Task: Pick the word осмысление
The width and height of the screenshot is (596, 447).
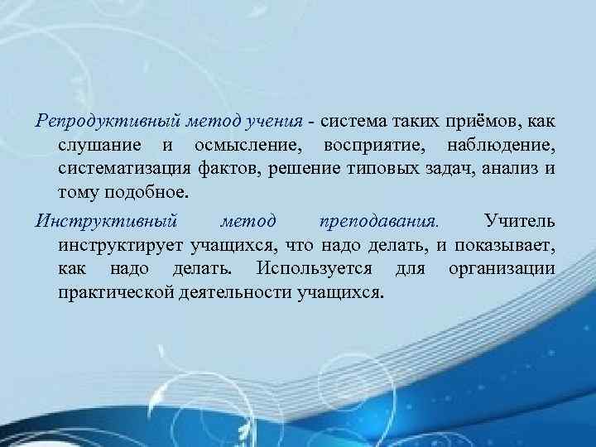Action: pyautogui.click(x=247, y=147)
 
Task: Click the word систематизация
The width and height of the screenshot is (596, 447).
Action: pyautogui.click(x=117, y=171)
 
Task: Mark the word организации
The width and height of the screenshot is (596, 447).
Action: pyautogui.click(x=502, y=269)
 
